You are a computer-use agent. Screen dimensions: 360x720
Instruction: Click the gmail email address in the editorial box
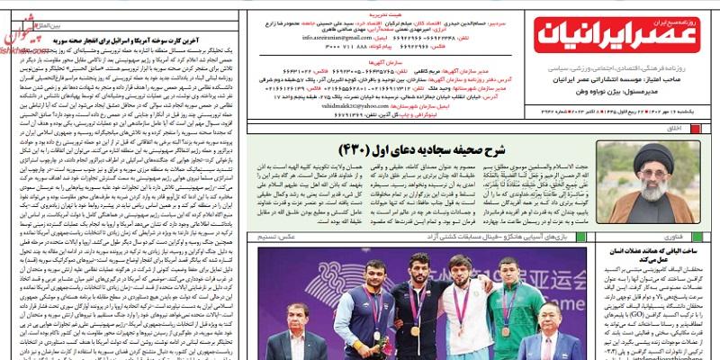point(336,38)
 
